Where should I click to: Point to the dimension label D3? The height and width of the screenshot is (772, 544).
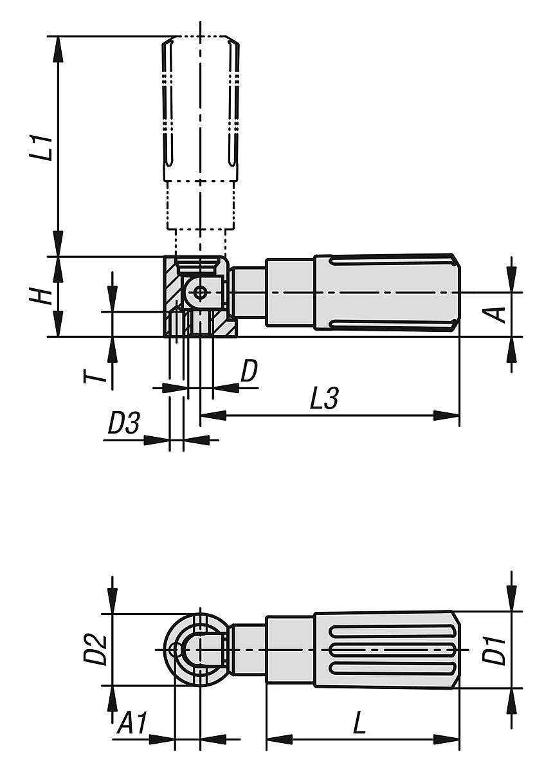point(123,423)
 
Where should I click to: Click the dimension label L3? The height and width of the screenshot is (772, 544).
point(323,400)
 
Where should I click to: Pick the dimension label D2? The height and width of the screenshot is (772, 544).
point(94,649)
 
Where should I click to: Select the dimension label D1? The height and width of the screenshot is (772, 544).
point(496,650)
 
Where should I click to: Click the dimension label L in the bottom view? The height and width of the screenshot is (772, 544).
point(359,725)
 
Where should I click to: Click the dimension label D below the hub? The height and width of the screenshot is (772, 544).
point(249,371)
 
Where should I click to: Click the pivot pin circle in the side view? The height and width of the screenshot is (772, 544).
point(201,293)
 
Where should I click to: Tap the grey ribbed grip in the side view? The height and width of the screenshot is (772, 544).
point(386,293)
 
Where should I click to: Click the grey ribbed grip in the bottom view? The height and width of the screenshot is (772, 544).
point(386,650)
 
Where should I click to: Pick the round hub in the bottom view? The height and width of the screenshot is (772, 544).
point(193,650)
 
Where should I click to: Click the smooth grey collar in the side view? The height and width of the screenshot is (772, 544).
point(289,293)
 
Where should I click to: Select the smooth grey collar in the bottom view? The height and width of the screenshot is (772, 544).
point(289,650)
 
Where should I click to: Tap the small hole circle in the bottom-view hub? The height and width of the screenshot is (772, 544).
point(174,650)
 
